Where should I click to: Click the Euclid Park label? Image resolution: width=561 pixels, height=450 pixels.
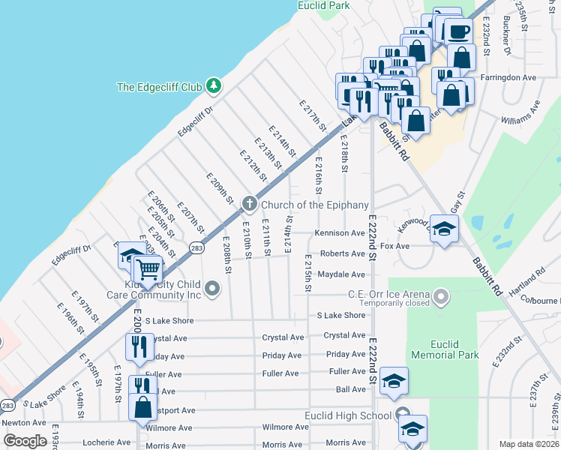click(324, 5)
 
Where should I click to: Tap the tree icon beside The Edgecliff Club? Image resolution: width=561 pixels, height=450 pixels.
click(214, 86)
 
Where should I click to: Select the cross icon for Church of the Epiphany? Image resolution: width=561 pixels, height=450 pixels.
click(249, 204)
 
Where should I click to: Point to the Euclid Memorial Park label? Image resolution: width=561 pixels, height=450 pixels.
click(446, 349)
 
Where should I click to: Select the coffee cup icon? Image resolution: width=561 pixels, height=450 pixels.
click(457, 32)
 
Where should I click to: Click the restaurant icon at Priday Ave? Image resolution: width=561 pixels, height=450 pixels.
click(139, 346)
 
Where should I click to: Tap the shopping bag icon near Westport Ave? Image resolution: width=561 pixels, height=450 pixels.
click(142, 407)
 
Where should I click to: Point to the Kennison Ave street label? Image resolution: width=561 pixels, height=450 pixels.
click(340, 233)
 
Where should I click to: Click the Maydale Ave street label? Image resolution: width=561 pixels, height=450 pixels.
click(342, 274)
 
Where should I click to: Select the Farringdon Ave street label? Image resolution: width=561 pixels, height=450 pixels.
click(509, 77)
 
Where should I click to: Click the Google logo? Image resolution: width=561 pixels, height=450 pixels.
click(25, 441)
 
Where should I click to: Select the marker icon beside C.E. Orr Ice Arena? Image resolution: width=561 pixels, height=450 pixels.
click(442, 298)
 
